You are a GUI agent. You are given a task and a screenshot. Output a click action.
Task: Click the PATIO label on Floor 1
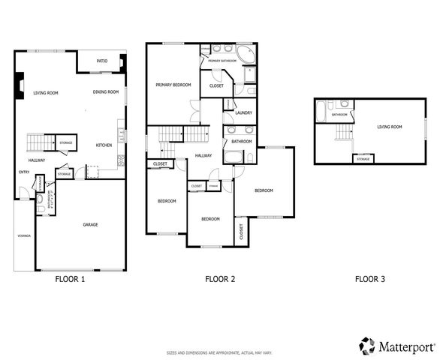tap(102, 61)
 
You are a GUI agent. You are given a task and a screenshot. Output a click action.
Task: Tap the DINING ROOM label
tap(106, 92)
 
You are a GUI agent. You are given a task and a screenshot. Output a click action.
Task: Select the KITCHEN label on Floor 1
tap(104, 145)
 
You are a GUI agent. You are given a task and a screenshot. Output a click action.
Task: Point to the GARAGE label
tap(90, 224)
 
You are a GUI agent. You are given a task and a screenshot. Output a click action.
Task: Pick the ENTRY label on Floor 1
tap(23, 172)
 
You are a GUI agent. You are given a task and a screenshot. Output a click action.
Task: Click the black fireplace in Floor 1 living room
tap(20, 85)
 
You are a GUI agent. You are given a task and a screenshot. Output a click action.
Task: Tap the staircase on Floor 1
tap(38, 142)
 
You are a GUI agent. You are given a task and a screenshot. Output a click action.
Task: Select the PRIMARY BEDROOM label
tap(173, 85)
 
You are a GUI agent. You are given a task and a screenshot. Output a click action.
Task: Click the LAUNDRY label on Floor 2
tap(243, 113)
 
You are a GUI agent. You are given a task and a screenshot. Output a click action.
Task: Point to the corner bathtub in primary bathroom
tap(245, 55)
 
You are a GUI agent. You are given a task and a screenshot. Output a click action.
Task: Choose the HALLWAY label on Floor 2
tap(203, 155)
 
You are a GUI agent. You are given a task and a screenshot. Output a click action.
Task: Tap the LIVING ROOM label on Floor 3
tap(389, 127)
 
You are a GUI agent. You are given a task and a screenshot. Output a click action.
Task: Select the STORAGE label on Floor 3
tap(363, 159)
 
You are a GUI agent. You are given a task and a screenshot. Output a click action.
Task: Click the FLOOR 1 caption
tap(71, 279)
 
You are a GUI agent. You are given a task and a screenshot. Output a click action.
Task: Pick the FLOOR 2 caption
tap(220, 279)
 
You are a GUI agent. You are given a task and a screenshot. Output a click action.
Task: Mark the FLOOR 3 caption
tap(369, 279)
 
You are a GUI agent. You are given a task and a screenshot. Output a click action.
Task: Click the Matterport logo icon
tap(366, 346)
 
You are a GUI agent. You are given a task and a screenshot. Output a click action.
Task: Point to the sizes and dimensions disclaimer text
tap(220, 352)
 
